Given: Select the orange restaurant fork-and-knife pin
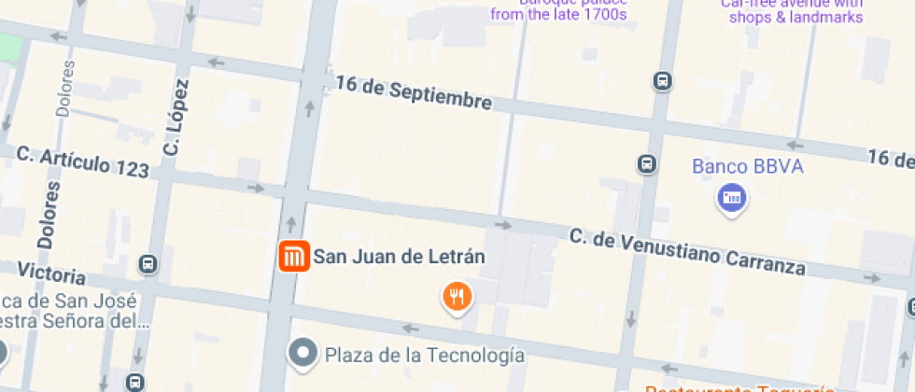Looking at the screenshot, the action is click(x=457, y=297).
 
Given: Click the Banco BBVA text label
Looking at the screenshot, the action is click(x=747, y=167).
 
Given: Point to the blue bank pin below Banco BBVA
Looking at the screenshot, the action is click(x=732, y=198).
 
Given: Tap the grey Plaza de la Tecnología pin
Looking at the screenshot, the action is click(x=303, y=354).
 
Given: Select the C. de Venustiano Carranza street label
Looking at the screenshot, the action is click(x=687, y=252).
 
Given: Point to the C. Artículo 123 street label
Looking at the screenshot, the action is click(x=83, y=161).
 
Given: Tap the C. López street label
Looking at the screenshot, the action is click(x=175, y=117).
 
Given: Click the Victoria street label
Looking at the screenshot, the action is click(x=51, y=274).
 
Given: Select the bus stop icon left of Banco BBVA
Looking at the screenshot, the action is click(x=646, y=164).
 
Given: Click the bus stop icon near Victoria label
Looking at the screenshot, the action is click(x=147, y=264).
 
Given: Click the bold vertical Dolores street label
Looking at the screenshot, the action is click(x=49, y=215).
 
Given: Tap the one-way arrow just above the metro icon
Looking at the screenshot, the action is click(x=290, y=223).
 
